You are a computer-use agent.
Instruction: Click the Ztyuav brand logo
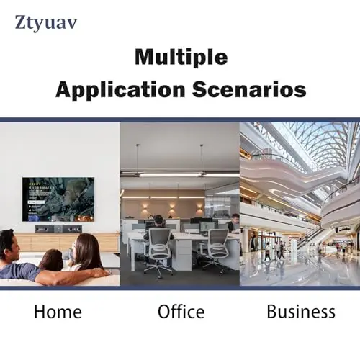tap(46, 23)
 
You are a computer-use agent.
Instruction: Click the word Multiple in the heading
tap(181, 58)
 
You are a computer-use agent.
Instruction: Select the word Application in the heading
tap(120, 90)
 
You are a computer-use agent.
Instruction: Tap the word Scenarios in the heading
tap(249, 89)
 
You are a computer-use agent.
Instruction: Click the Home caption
tap(58, 312)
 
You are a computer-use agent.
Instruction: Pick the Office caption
tap(181, 311)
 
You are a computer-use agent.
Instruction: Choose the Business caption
tap(301, 311)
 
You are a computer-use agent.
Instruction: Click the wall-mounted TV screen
tap(58, 199)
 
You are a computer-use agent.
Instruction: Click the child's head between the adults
tap(51, 259)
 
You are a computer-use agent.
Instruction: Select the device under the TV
tap(58, 229)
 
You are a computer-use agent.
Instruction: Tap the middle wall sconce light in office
tap(171, 206)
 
